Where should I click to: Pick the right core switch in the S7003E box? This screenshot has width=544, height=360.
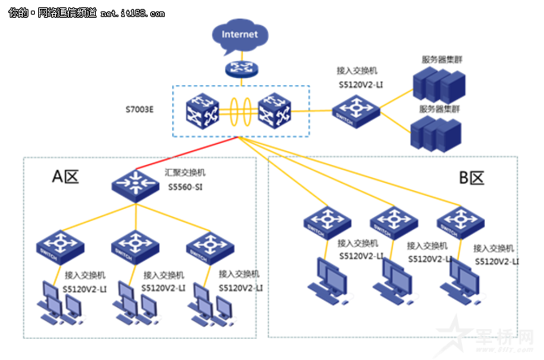[275, 111]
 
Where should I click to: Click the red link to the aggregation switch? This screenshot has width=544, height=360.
[187, 154]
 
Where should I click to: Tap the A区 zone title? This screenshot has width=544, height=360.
[66, 176]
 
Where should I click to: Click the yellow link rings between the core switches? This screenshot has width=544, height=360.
[240, 111]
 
